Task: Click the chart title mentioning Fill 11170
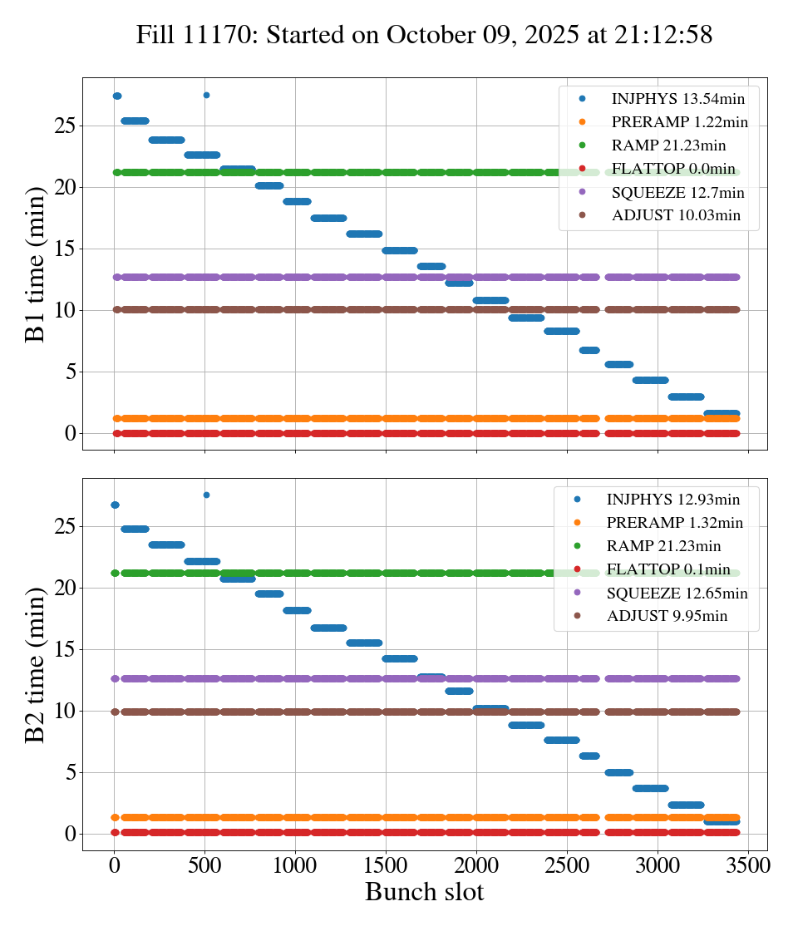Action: pos(425,35)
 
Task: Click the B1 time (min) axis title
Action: pos(36,264)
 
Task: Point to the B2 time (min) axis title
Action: pos(36,664)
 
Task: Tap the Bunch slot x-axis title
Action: pos(424,892)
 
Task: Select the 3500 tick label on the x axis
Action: pos(748,865)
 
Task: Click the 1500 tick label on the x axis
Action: pos(386,865)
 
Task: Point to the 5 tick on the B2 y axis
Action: pos(70,772)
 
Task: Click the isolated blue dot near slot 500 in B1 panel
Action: pos(206,96)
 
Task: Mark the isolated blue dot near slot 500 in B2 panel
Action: pos(206,495)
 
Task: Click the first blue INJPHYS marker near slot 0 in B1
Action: pos(116,96)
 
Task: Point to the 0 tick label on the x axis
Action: pos(114,865)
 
